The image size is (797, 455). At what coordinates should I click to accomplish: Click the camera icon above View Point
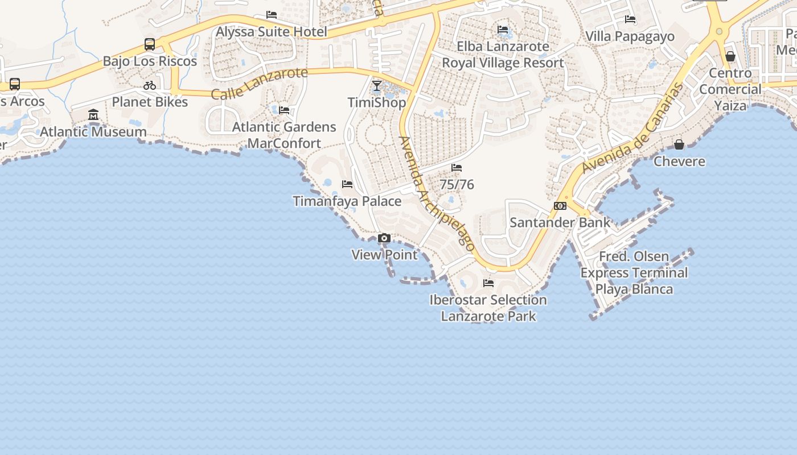[384, 238]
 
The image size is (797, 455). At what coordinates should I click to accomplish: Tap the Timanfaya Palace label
[347, 201]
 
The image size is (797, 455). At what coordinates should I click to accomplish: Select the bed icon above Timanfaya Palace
[347, 184]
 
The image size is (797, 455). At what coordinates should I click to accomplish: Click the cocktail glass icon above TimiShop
[377, 86]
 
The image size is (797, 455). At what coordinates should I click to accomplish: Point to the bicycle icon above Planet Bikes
[150, 85]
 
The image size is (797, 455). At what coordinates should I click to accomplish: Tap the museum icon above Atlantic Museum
[93, 115]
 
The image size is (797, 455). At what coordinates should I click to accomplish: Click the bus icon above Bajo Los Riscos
[150, 44]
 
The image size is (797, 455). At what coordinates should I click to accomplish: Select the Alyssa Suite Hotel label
[271, 32]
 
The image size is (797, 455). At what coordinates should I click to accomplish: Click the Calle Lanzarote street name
[259, 82]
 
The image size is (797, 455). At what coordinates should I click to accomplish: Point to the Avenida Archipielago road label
[437, 193]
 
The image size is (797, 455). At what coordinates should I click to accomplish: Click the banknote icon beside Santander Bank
[560, 206]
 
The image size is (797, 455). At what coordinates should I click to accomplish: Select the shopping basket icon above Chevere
[679, 144]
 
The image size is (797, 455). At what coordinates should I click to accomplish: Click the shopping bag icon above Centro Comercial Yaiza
[730, 56]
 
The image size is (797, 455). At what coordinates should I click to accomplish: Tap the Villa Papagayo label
[630, 36]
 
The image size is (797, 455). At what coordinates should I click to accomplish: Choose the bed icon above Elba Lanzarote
[503, 30]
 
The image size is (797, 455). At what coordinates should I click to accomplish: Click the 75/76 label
[457, 185]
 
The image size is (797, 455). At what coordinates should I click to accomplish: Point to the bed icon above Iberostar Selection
[488, 283]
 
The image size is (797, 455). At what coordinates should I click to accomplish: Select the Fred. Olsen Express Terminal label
[634, 272]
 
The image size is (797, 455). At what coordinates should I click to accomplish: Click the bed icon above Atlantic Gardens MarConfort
[284, 110]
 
